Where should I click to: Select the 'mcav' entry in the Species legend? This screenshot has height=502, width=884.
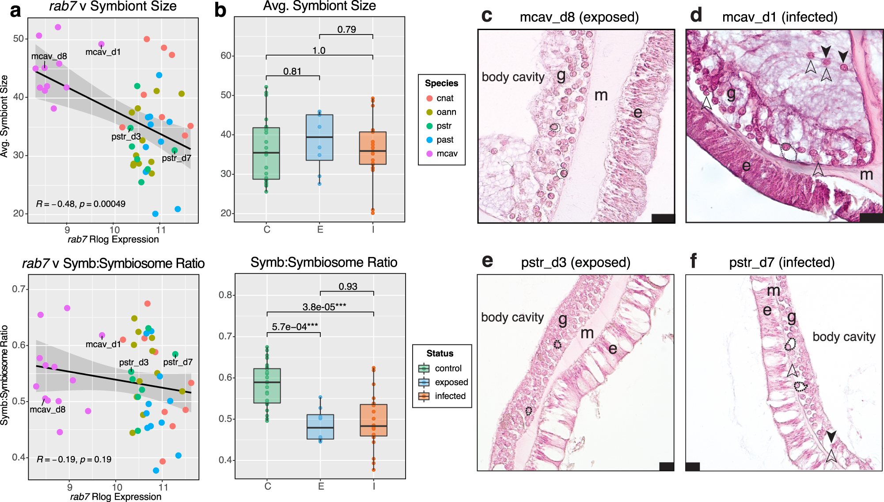[447, 153]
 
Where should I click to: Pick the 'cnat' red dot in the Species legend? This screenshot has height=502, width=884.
[429, 98]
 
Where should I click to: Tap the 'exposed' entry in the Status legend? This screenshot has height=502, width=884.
[451, 382]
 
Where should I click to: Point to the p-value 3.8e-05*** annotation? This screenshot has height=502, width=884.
[324, 307]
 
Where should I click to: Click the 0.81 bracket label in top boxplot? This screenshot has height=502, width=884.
[292, 71]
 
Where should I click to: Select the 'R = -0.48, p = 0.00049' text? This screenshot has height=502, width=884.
[81, 204]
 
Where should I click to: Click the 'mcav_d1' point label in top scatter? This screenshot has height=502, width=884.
[103, 52]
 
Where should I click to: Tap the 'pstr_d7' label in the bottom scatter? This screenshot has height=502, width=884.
[178, 362]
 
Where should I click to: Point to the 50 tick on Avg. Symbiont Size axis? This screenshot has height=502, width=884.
[18, 38]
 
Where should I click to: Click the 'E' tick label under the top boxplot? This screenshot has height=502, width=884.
[320, 230]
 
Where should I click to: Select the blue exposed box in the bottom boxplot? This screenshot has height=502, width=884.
[320, 427]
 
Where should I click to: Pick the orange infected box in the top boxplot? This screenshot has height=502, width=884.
[372, 148]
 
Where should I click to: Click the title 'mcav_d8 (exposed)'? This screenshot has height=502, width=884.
[579, 17]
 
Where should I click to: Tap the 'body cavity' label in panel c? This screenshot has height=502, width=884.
[513, 77]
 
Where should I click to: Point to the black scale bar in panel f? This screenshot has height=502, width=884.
[693, 466]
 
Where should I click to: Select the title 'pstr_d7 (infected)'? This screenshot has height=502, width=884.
[782, 263]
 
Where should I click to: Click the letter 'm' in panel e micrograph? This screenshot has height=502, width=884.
[587, 333]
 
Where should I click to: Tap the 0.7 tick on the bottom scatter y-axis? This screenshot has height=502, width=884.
[19, 289]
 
